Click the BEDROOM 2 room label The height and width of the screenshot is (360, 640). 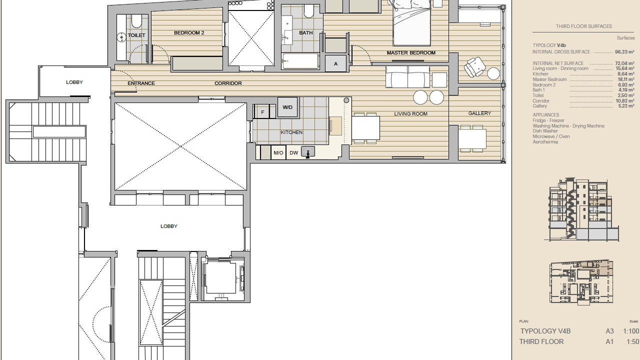[x=189, y=33]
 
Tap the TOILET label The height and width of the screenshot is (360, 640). [x=136, y=35]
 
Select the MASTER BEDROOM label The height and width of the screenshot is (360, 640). [x=411, y=53]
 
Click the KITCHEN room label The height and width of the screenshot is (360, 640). [x=291, y=132]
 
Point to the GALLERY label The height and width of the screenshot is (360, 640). [x=479, y=113]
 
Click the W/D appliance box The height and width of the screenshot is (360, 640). [x=287, y=107]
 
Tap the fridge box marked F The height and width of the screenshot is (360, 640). [x=262, y=112]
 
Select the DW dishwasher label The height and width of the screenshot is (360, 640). [x=293, y=153]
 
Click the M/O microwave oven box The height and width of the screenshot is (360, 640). [x=278, y=153]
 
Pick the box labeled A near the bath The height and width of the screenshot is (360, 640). [x=335, y=63]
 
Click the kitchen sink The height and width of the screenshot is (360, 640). [x=308, y=151]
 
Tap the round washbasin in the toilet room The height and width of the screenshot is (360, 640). [x=121, y=37]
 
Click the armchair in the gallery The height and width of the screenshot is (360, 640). [x=474, y=67]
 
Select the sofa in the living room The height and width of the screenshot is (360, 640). [x=407, y=76]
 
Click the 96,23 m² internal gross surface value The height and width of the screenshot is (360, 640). [x=624, y=52]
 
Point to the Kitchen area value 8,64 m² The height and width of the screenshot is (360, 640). [x=625, y=74]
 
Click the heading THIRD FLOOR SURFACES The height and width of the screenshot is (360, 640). [x=583, y=26]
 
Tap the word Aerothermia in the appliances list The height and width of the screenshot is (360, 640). [x=545, y=141]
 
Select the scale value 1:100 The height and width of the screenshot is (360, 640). [x=631, y=331]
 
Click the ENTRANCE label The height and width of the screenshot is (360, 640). [x=141, y=83]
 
